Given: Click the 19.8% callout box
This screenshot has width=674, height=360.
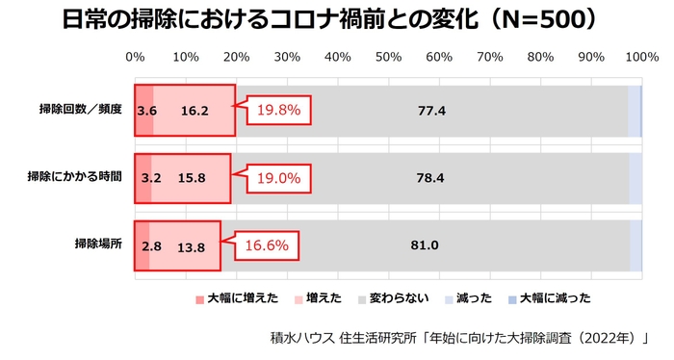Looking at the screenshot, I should tap(278, 111).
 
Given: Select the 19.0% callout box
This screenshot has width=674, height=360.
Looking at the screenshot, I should tap(278, 178).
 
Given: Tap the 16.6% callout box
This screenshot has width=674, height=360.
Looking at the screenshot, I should tap(264, 245).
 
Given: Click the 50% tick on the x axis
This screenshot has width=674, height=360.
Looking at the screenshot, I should tap(388, 57).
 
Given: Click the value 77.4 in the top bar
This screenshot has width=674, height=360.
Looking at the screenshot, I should tap(431, 111).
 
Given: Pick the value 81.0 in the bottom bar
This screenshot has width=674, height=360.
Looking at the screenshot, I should tap(425, 245).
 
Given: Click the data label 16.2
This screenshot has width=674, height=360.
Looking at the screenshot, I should tap(194, 111).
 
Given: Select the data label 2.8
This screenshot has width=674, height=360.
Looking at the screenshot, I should tap(150, 245).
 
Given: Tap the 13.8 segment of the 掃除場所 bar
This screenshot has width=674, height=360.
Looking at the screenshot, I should tap(192, 245).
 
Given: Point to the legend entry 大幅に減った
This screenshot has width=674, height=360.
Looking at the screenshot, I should tap(554, 298).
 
